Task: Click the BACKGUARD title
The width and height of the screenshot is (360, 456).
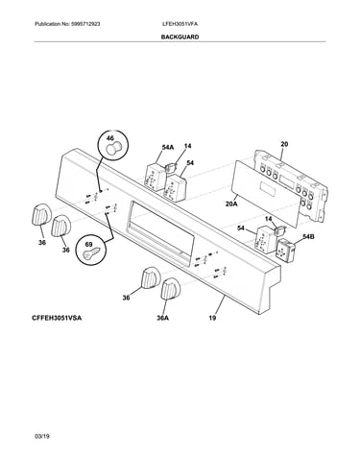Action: tap(180, 37)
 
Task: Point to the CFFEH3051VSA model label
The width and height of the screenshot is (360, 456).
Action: tap(57, 318)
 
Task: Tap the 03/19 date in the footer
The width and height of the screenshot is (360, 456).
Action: tap(42, 436)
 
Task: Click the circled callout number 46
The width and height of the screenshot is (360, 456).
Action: tap(109, 138)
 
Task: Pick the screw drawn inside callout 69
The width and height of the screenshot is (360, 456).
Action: tap(91, 253)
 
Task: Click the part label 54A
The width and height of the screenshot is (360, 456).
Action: tap(168, 148)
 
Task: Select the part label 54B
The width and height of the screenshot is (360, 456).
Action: tap(308, 237)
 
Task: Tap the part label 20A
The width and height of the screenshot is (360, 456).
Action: tap(231, 204)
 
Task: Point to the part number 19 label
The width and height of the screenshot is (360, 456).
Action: tap(212, 318)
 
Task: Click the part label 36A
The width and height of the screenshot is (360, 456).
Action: tap(162, 318)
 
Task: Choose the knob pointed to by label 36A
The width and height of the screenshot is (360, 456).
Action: tap(171, 289)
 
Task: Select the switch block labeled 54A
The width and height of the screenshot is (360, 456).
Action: tap(155, 178)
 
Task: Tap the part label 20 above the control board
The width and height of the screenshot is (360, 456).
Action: tap(284, 144)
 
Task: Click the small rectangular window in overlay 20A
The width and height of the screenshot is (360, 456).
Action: tap(268, 188)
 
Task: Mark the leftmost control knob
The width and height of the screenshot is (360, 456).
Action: tap(40, 214)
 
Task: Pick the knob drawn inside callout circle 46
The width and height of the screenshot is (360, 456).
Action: tap(112, 149)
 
